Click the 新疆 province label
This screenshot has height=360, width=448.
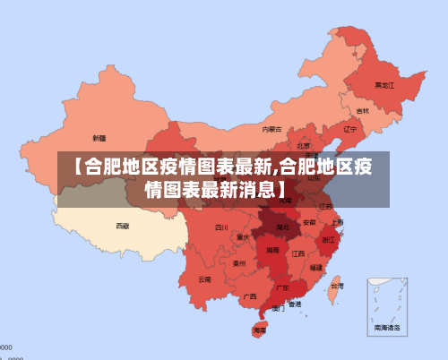click(x=99, y=139)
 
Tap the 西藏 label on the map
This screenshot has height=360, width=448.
click(x=122, y=226)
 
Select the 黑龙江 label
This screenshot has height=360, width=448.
click(x=384, y=85)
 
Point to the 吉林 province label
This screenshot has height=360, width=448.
click(x=362, y=111)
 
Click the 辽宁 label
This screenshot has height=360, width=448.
click(x=349, y=129)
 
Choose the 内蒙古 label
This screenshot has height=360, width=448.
click(x=271, y=130)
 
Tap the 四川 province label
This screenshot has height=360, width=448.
click(x=221, y=227)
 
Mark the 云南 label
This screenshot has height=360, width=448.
click(x=205, y=279)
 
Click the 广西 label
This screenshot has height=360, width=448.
click(x=250, y=296)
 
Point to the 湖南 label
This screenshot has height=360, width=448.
click(x=272, y=252)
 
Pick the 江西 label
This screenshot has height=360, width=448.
click(x=298, y=253)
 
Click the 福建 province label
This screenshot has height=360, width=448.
click(x=316, y=267)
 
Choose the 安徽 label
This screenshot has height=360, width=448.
click(x=309, y=221)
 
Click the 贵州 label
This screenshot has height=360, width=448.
click(x=239, y=264)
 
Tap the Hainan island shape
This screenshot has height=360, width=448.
click(x=260, y=330)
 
